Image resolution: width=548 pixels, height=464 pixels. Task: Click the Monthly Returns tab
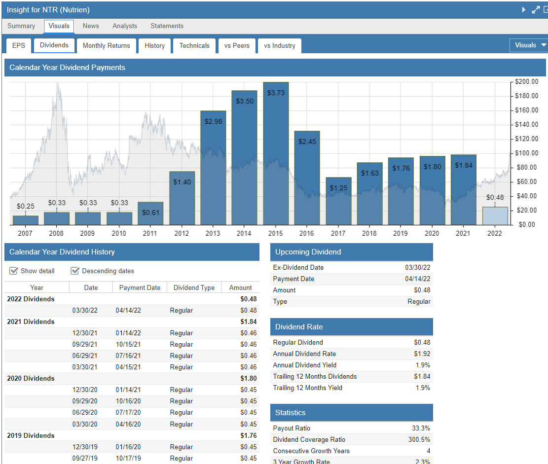[106, 45]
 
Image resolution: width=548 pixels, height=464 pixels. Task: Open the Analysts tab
[125, 26]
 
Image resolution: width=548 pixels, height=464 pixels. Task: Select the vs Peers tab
[237, 45]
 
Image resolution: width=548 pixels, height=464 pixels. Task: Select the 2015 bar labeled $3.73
[276, 158]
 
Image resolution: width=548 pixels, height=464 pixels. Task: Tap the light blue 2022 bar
[495, 216]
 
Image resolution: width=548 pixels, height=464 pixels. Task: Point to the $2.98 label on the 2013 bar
[213, 121]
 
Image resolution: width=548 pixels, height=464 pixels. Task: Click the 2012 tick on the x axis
[182, 233]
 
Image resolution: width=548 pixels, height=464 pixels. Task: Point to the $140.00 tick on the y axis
[527, 124]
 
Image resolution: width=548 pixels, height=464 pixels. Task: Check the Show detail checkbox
[14, 271]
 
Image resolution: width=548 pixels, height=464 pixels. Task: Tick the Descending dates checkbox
[75, 271]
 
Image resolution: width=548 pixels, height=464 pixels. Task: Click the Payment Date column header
[140, 287]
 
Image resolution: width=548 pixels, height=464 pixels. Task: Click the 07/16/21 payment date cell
[128, 356]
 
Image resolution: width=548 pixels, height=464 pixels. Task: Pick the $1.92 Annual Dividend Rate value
[422, 354]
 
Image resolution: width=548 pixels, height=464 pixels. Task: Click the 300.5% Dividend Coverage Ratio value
[419, 439]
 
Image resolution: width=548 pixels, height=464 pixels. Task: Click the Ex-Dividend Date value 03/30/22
[417, 267]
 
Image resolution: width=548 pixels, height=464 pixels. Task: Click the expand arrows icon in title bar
[536, 10]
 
